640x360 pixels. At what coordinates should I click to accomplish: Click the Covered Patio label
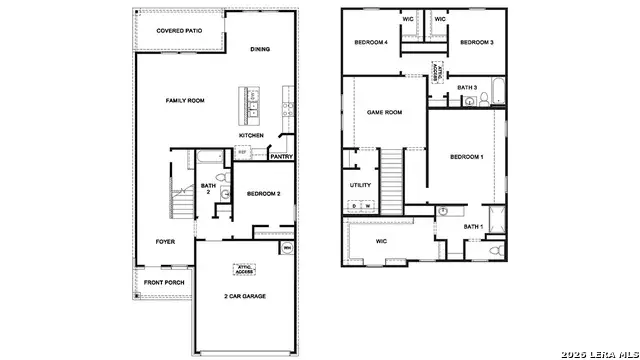click(179, 31)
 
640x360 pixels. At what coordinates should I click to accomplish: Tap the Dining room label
click(260, 49)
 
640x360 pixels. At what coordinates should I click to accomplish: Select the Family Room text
click(185, 101)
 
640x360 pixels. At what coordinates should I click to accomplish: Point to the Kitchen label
click(251, 135)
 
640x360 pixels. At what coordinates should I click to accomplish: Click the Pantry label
click(282, 156)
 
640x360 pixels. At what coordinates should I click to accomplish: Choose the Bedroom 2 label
click(263, 193)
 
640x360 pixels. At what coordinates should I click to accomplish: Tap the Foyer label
click(165, 241)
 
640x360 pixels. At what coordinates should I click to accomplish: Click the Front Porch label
click(163, 283)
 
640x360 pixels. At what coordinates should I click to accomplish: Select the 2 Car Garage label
click(244, 296)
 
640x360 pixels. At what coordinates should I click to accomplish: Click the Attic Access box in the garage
click(244, 268)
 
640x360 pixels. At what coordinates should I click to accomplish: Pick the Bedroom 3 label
click(478, 42)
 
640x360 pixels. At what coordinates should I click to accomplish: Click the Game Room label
click(384, 112)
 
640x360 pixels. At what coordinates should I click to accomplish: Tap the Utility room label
click(361, 185)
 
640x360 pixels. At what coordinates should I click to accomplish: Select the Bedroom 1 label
click(466, 157)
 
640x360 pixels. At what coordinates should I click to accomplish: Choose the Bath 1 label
click(473, 227)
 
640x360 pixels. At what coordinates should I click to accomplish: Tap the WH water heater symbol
click(287, 248)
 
